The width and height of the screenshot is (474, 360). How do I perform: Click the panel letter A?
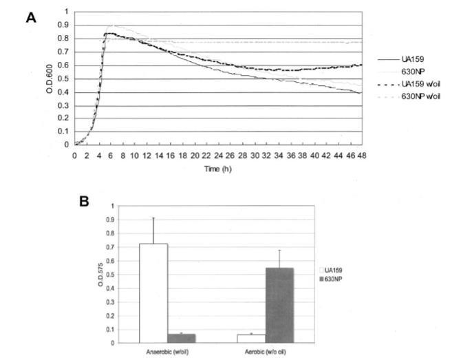click(30, 18)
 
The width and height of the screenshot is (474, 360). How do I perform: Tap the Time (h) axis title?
click(218, 168)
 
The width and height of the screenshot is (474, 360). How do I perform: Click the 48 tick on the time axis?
click(361, 156)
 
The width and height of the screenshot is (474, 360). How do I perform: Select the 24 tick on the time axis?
click(217, 156)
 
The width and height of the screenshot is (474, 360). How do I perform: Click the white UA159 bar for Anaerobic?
click(154, 293)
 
